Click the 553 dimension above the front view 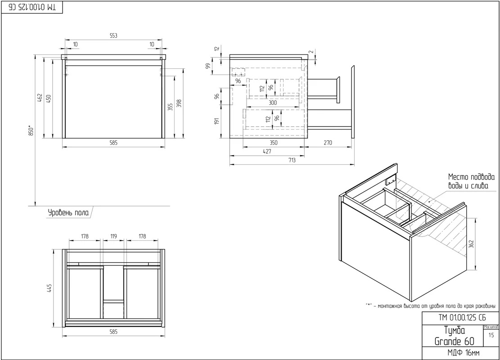[x=113, y=36]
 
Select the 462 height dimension [x=40, y=98]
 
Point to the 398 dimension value [x=179, y=103]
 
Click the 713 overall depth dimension [x=292, y=160]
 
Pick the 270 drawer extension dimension [x=328, y=143]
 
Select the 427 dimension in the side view [x=267, y=152]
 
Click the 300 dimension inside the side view [x=273, y=103]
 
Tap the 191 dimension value [x=217, y=121]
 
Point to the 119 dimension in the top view [x=113, y=237]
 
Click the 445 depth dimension [x=49, y=288]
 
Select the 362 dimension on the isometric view [x=471, y=244]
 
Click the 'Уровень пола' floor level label [x=68, y=213]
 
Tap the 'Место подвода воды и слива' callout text [x=471, y=181]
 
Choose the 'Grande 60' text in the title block [x=455, y=342]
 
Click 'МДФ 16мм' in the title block [x=464, y=353]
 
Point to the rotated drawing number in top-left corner [x=32, y=8]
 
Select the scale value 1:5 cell [x=491, y=335]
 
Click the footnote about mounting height [x=431, y=306]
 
